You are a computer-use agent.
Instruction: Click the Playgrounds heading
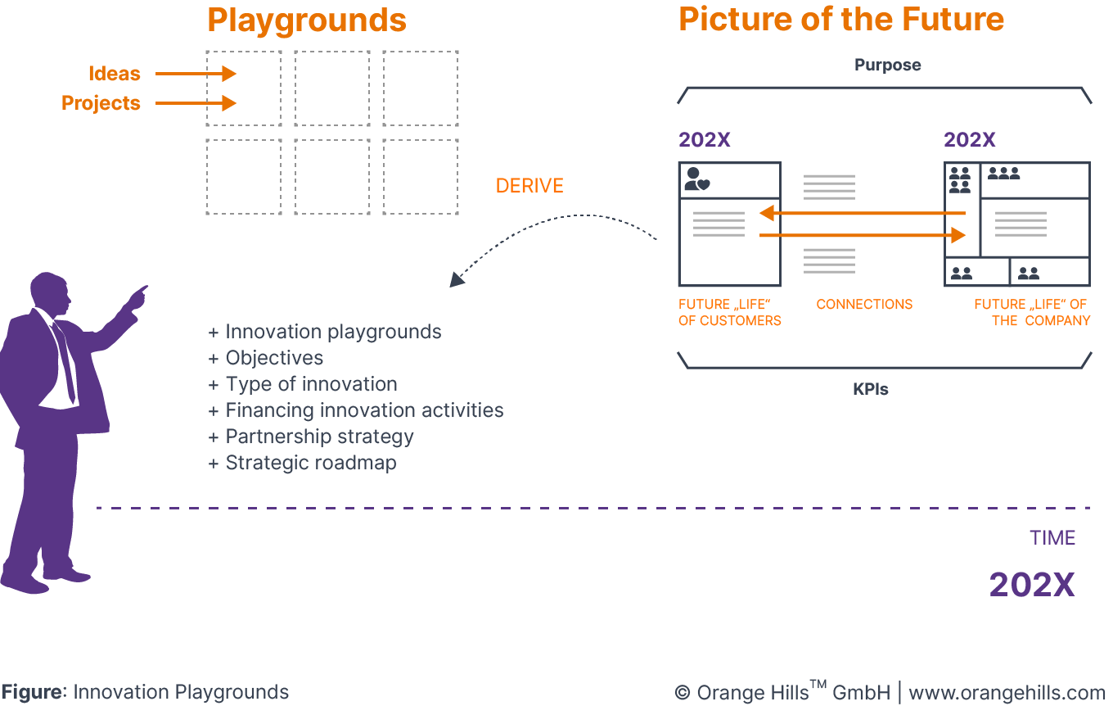point(307,20)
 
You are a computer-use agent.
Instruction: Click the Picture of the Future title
point(841,20)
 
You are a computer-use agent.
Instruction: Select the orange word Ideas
point(115,74)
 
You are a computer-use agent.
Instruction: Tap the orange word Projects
point(101,103)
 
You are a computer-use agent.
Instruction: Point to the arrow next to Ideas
point(196,74)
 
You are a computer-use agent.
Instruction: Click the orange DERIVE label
point(529,186)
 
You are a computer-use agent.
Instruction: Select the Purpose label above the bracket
point(887,65)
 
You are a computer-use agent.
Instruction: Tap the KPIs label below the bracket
point(870,390)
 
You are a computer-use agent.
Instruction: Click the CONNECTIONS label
point(864,304)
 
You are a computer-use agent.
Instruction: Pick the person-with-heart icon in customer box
point(696,179)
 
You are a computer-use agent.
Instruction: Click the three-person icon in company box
point(1003,173)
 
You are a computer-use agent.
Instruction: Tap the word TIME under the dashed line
point(1052,538)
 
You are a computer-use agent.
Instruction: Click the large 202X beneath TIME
point(1031,585)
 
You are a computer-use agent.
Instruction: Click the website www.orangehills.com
point(1007,693)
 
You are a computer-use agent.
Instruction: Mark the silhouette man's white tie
point(65,360)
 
